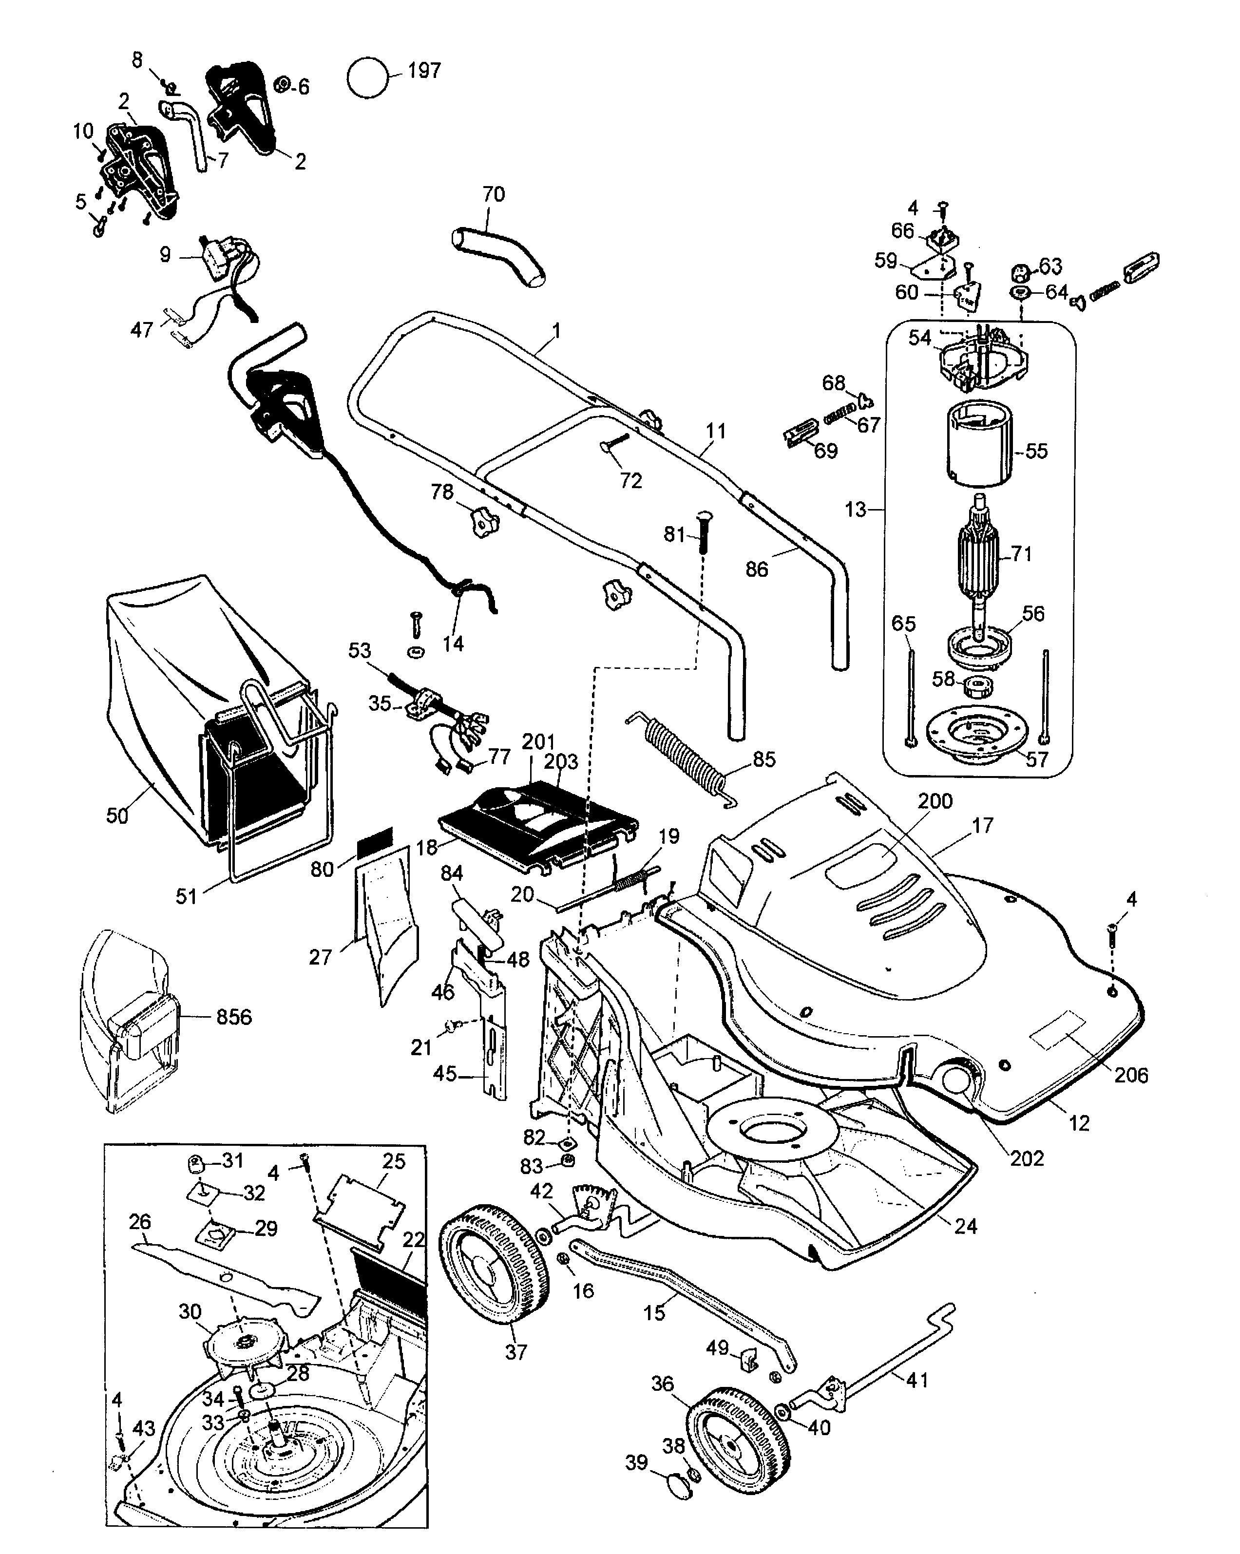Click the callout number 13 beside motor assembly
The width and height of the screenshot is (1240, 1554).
pyautogui.click(x=855, y=510)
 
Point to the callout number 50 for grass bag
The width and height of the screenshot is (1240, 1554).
pyautogui.click(x=117, y=816)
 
